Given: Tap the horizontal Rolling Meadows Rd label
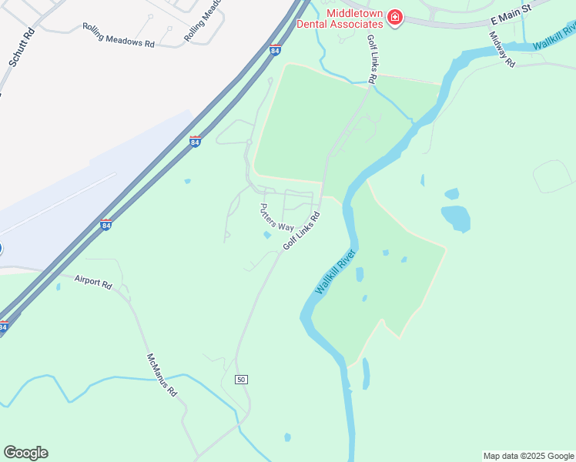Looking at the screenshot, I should [x=118, y=36].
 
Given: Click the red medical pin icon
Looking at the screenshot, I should [x=395, y=17].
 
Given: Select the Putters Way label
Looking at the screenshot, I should [x=276, y=217].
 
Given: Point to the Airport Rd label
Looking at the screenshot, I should [x=93, y=282].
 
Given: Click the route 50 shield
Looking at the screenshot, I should [x=241, y=380].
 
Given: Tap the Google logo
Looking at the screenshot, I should [x=25, y=453].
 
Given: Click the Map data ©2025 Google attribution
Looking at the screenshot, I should [x=527, y=456].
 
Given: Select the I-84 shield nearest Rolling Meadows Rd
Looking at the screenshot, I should [x=275, y=51].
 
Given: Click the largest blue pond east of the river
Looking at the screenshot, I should [x=456, y=219].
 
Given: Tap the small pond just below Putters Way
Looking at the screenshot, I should [x=267, y=236].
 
